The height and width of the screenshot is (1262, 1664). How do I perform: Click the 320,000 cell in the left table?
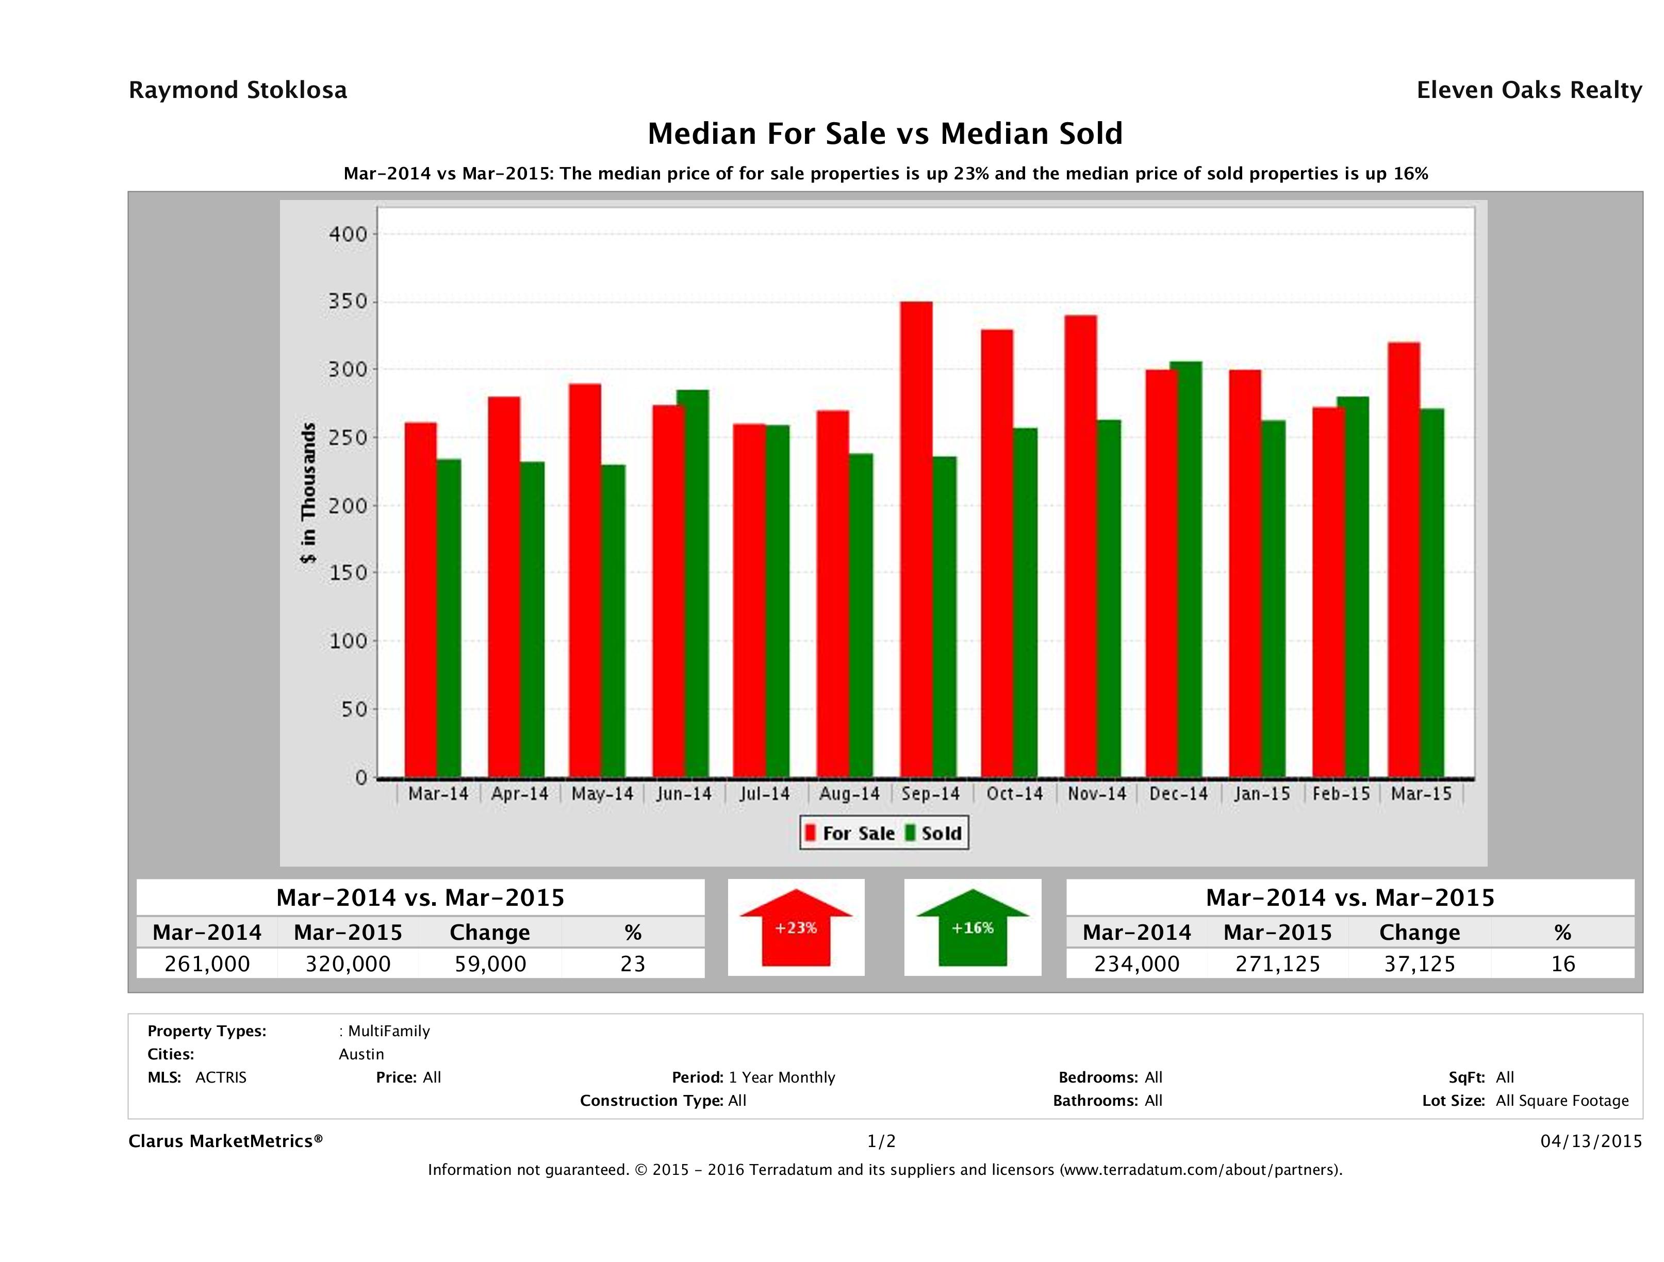[x=348, y=964]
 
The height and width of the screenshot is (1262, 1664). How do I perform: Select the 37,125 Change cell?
[x=1420, y=964]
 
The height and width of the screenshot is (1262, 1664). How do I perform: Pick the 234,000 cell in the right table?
[x=1136, y=964]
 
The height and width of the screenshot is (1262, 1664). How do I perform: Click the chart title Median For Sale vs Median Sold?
[x=885, y=134]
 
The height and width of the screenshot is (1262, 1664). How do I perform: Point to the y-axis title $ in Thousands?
[x=308, y=493]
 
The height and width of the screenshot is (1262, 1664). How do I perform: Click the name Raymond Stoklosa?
[x=238, y=90]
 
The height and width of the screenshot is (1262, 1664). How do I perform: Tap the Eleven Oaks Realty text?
[x=1528, y=90]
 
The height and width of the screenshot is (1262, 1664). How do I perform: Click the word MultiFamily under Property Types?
[x=388, y=1031]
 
